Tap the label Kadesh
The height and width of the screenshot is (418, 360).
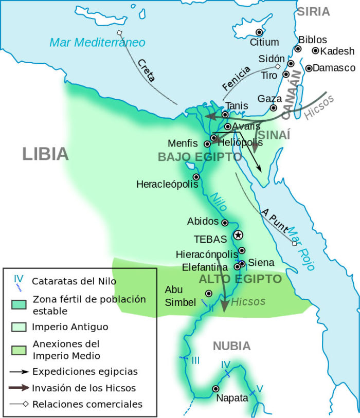(337, 51)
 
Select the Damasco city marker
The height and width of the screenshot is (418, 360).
(309, 68)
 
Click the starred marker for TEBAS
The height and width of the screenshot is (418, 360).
(238, 235)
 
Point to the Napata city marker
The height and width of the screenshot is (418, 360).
(215, 389)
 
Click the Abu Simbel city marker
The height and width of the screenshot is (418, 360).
(208, 293)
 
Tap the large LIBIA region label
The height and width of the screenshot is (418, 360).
(45, 153)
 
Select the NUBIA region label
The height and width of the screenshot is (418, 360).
(231, 346)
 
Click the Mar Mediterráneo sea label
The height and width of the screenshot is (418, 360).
(97, 42)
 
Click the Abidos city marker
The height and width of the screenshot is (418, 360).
(225, 223)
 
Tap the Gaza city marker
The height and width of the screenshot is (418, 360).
(274, 108)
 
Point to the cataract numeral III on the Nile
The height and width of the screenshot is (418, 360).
(195, 360)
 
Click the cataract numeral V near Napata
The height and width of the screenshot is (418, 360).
(260, 389)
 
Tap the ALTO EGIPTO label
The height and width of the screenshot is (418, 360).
(240, 279)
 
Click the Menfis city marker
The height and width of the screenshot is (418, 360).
(207, 143)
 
